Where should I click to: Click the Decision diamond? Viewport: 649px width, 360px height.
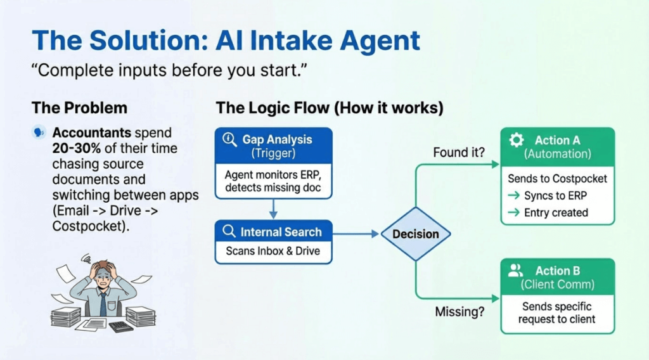[415, 234]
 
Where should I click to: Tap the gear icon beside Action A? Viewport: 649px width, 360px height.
[517, 140]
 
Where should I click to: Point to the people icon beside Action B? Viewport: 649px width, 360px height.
[516, 271]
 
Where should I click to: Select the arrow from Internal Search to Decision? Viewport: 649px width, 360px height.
[357, 234]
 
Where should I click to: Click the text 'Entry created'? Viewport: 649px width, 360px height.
[556, 213]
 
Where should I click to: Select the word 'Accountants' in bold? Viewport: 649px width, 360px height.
[92, 133]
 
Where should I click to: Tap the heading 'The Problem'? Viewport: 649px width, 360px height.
[79, 107]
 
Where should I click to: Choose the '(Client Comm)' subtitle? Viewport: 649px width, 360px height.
[557, 285]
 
